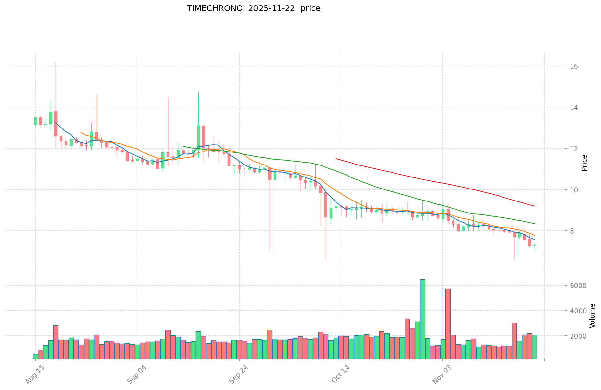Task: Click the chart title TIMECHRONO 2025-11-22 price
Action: click(253, 8)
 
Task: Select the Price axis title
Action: click(584, 163)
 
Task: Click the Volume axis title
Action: click(592, 316)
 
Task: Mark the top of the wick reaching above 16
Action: click(56, 63)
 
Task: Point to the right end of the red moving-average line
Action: click(535, 206)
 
